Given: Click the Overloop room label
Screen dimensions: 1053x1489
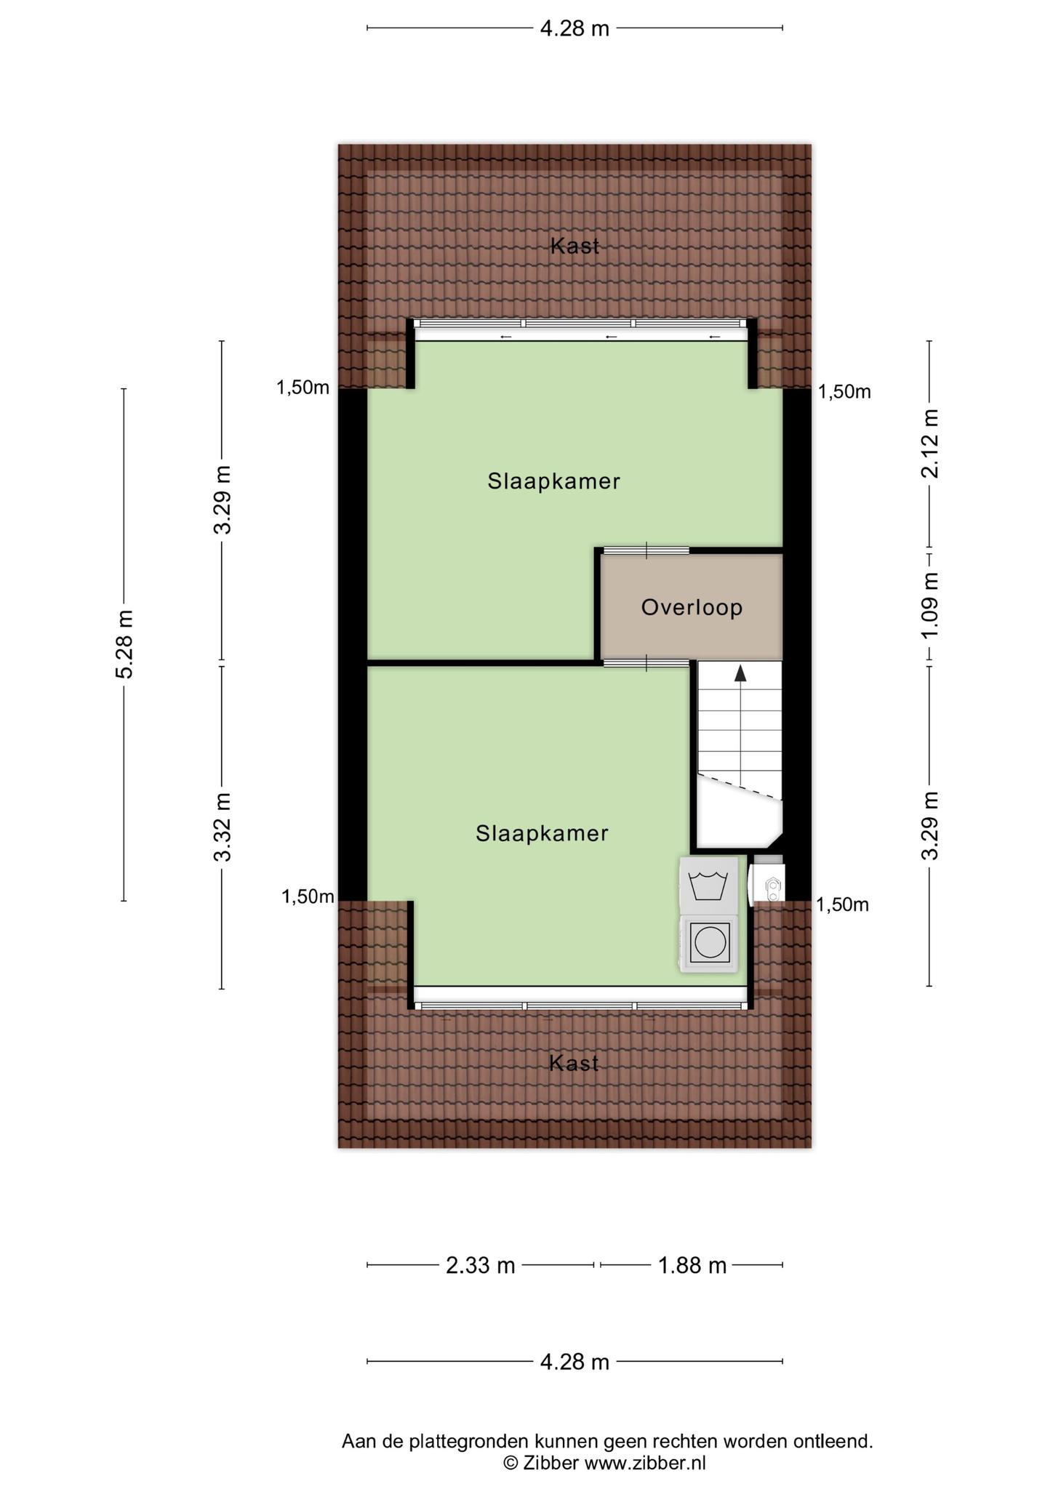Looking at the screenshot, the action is [692, 607].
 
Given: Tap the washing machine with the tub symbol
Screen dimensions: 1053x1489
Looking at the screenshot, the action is [708, 885].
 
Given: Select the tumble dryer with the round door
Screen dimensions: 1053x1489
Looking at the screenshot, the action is [708, 943].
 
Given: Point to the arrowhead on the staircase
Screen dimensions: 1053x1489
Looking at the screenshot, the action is [740, 673].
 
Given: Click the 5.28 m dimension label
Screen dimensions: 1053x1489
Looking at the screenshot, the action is [124, 644].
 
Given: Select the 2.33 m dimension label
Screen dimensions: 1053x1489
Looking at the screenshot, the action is [480, 1266].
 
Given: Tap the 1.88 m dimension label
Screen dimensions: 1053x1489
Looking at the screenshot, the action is [692, 1266].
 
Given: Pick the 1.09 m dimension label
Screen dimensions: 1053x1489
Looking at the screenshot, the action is [929, 606].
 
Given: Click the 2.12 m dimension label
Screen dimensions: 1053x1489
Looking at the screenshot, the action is [929, 443].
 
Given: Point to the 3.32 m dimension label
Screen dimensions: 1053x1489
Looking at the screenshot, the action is [222, 827].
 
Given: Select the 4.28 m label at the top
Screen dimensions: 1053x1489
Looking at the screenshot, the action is [574, 28].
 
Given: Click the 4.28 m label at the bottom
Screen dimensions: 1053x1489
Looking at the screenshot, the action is [574, 1362].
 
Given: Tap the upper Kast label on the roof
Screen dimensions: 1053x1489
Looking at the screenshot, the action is [574, 246].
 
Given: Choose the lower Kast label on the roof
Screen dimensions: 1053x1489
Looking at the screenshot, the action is [574, 1063].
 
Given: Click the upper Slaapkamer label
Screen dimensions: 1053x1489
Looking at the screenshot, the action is [553, 481].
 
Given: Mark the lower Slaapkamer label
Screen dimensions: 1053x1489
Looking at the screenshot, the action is [542, 833].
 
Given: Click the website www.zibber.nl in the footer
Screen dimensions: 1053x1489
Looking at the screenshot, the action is [645, 1463].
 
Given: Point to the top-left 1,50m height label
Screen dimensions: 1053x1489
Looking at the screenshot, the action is [303, 388].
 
